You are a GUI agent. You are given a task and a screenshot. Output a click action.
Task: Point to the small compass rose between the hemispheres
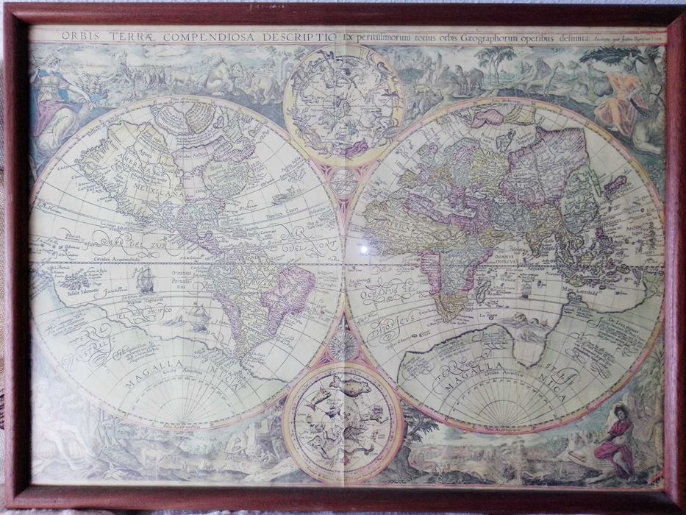343,344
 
